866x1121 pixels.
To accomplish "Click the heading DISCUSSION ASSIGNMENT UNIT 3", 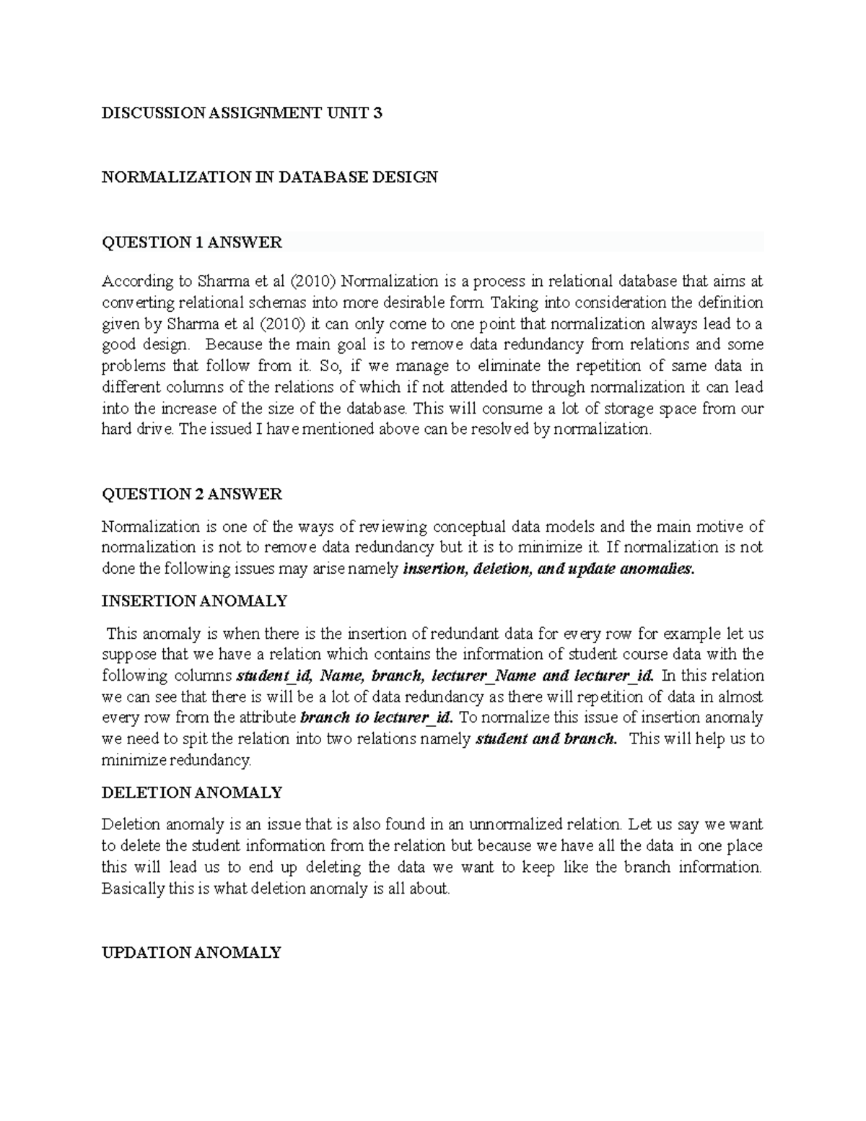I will (242, 113).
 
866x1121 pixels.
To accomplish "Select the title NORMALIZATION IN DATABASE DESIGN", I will (269, 177).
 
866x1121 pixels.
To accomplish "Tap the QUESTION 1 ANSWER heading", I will (191, 243).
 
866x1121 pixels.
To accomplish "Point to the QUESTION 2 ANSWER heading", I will (191, 494).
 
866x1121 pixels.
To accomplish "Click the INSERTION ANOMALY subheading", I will (194, 601).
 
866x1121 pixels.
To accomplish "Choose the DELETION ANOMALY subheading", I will (191, 793).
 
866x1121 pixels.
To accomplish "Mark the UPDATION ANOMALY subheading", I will (191, 953).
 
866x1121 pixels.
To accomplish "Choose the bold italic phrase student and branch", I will (546, 740).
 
